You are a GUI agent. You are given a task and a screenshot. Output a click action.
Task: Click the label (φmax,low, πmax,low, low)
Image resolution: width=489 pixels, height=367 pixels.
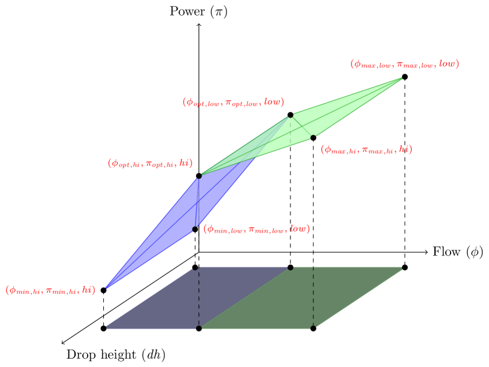[404, 64]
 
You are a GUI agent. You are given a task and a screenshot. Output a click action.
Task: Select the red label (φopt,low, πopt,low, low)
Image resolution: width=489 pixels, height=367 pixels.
[233, 103]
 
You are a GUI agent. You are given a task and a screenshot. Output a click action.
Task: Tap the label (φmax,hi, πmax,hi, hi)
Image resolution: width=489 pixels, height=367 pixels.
[366, 149]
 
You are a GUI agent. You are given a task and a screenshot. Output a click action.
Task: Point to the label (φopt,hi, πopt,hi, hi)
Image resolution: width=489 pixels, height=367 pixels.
[150, 163]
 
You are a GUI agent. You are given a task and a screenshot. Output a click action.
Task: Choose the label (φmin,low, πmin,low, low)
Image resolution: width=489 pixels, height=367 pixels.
[256, 229]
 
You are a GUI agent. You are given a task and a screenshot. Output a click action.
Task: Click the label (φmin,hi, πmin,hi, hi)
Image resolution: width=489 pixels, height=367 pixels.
[50, 290]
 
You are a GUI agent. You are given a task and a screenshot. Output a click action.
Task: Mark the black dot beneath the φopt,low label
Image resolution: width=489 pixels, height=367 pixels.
[290, 115]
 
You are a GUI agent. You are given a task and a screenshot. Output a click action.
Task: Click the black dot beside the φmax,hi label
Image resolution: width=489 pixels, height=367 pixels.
[313, 138]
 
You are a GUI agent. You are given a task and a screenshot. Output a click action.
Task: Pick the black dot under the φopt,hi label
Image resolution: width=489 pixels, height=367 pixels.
[199, 176]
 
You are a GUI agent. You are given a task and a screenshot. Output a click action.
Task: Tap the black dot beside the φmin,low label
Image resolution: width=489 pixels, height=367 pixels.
[195, 229]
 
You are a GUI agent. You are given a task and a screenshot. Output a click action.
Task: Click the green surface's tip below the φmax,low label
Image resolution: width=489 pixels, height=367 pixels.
[401, 79]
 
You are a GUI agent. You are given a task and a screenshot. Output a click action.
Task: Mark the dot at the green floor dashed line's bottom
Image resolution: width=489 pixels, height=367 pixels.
[313, 328]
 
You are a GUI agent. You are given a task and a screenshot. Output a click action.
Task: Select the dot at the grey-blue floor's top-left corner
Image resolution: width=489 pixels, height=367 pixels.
[194, 267]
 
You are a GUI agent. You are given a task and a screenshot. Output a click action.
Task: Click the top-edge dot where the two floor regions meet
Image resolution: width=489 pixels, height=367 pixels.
[290, 267]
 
